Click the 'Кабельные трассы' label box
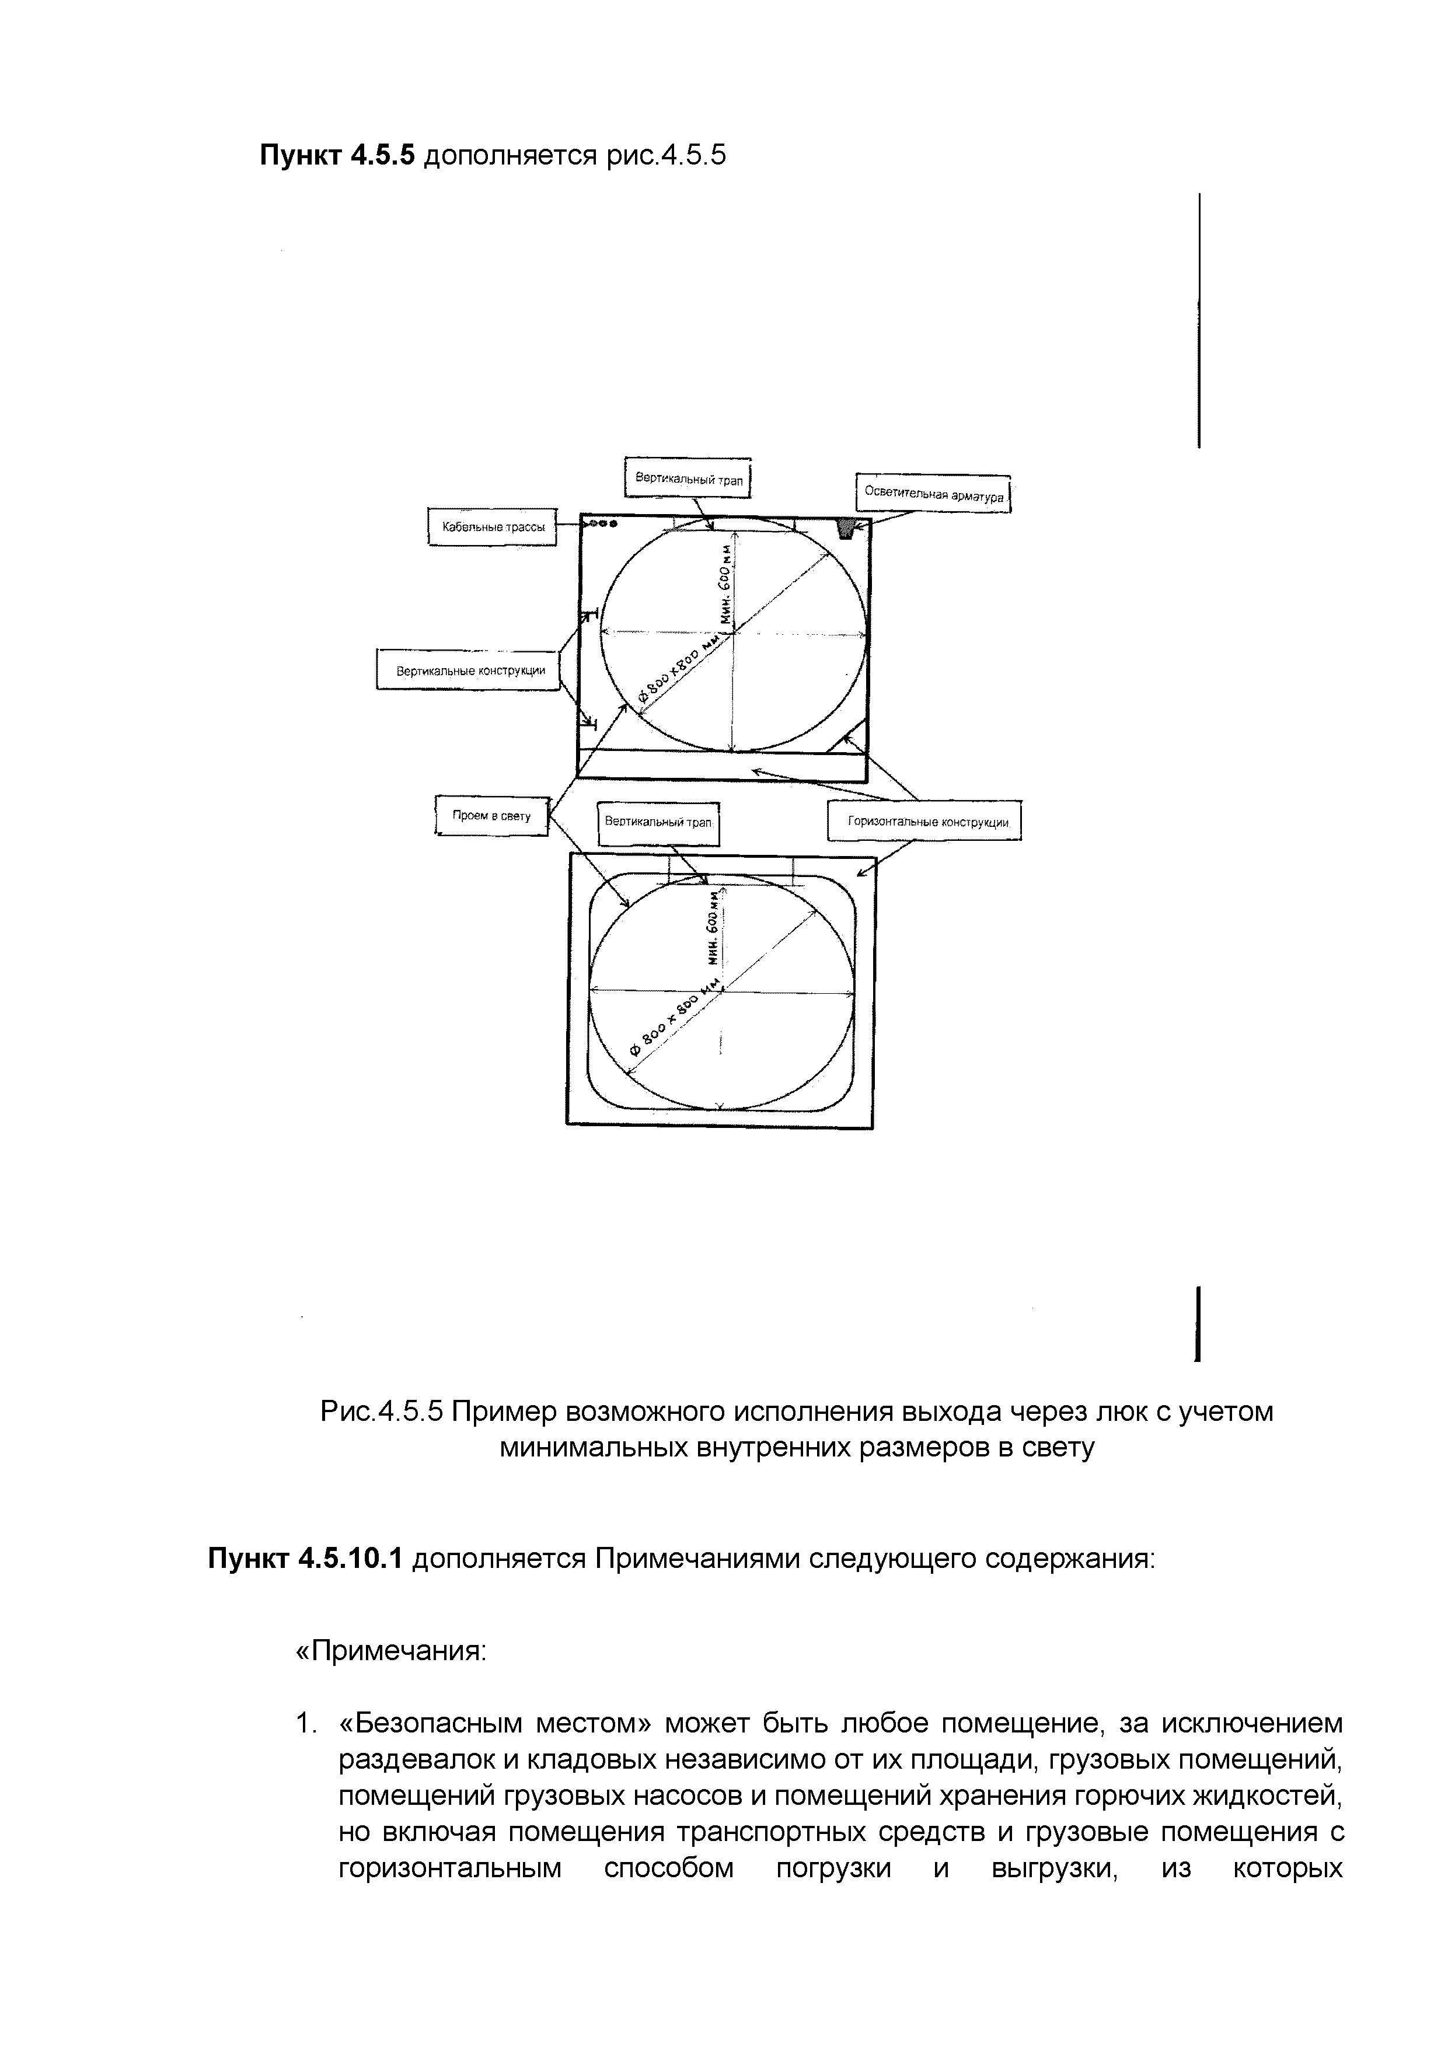491,527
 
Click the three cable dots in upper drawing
599,524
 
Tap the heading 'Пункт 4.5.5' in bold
337,156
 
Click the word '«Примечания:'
390,1650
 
